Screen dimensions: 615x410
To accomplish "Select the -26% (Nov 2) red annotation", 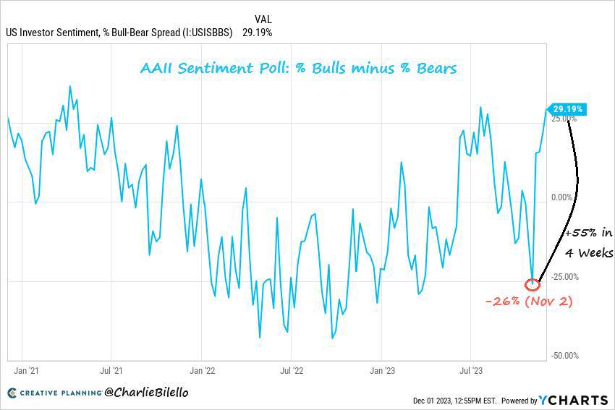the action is tap(529, 302).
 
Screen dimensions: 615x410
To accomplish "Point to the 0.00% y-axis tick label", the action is tap(561, 197).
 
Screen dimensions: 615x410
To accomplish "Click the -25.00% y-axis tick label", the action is tap(565, 277).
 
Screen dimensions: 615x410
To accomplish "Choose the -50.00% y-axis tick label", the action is tap(565, 356).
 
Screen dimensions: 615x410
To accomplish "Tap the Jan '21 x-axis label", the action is tap(26, 370).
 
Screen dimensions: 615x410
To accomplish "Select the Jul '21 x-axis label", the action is tap(111, 370).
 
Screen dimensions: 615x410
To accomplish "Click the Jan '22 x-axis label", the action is tap(203, 370).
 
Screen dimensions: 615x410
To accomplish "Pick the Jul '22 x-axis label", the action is tap(292, 370).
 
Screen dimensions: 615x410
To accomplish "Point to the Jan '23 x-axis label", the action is tap(383, 370).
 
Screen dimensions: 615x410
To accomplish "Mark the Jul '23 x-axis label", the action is tap(471, 370).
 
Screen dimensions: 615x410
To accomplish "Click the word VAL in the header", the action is tap(263, 20).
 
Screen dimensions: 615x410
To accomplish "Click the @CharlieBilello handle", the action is tap(146, 392).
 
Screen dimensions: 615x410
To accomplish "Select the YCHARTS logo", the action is tap(573, 400).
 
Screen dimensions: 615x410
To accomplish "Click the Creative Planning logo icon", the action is tap(12, 393).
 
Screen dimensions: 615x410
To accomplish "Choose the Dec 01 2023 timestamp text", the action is tap(454, 401).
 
